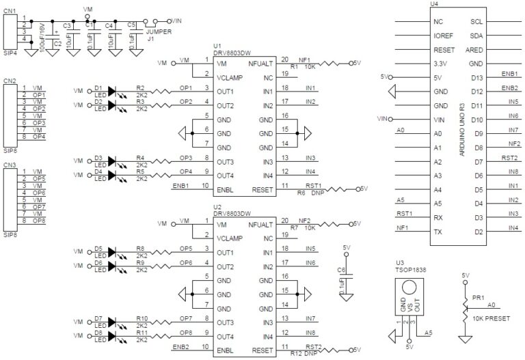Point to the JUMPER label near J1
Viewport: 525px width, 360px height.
tap(159, 31)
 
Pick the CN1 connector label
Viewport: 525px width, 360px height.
tap(10, 11)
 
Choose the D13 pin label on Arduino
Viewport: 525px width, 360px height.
tap(478, 77)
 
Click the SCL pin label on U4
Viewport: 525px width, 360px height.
tap(477, 21)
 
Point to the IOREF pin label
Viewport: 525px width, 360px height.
tap(444, 36)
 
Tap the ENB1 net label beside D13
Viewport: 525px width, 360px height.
tap(509, 74)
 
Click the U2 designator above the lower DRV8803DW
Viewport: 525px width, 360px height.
tap(217, 206)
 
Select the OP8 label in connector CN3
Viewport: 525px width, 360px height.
tap(38, 221)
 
